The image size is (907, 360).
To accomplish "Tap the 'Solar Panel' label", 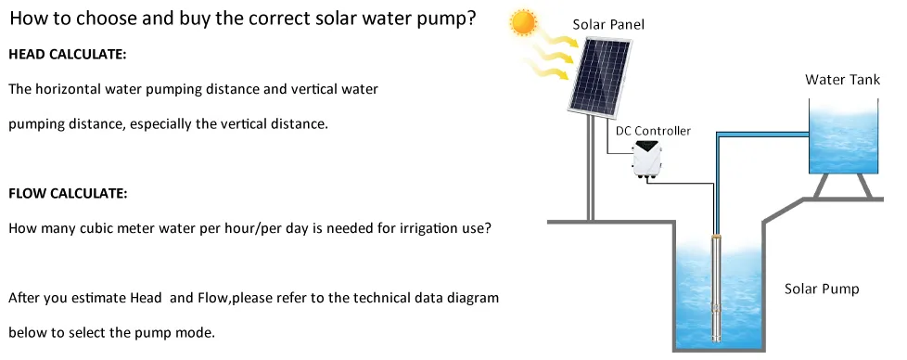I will [607, 24].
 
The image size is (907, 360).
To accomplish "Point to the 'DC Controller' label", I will [653, 131].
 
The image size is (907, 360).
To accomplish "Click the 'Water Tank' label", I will [842, 80].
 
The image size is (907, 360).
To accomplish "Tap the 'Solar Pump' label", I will [822, 289].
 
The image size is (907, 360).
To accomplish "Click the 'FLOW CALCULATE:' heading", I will [67, 194].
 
